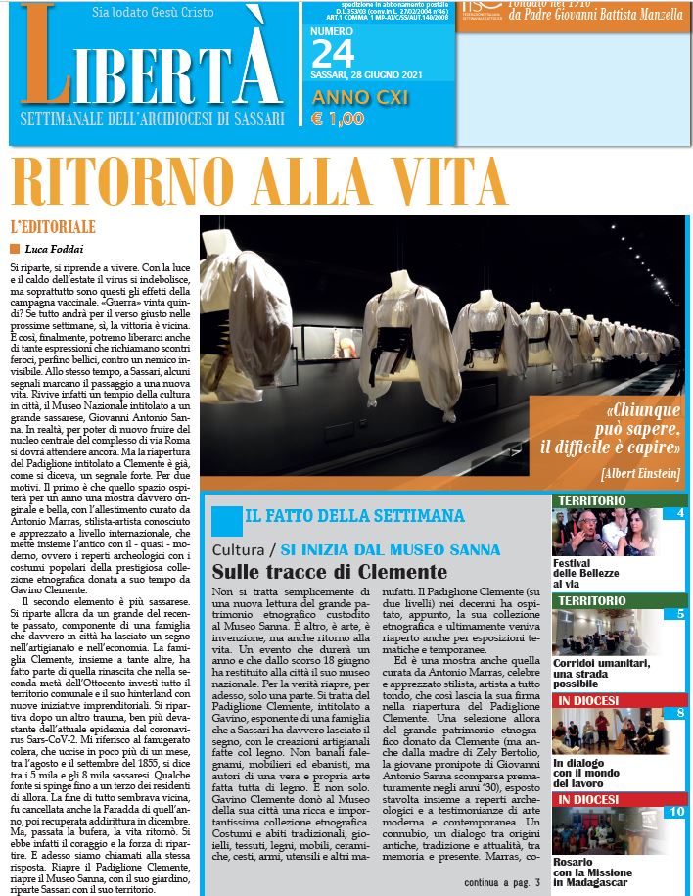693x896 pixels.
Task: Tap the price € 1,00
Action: [337, 119]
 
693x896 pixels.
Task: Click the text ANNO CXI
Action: [359, 98]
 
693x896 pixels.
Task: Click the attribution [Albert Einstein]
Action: [640, 473]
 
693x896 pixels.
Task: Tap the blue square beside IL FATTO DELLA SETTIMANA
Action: [225, 520]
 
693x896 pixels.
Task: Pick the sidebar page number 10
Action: [676, 811]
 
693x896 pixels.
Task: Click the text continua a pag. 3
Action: [501, 882]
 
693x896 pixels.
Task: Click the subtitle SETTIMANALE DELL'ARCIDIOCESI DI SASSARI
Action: [153, 119]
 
